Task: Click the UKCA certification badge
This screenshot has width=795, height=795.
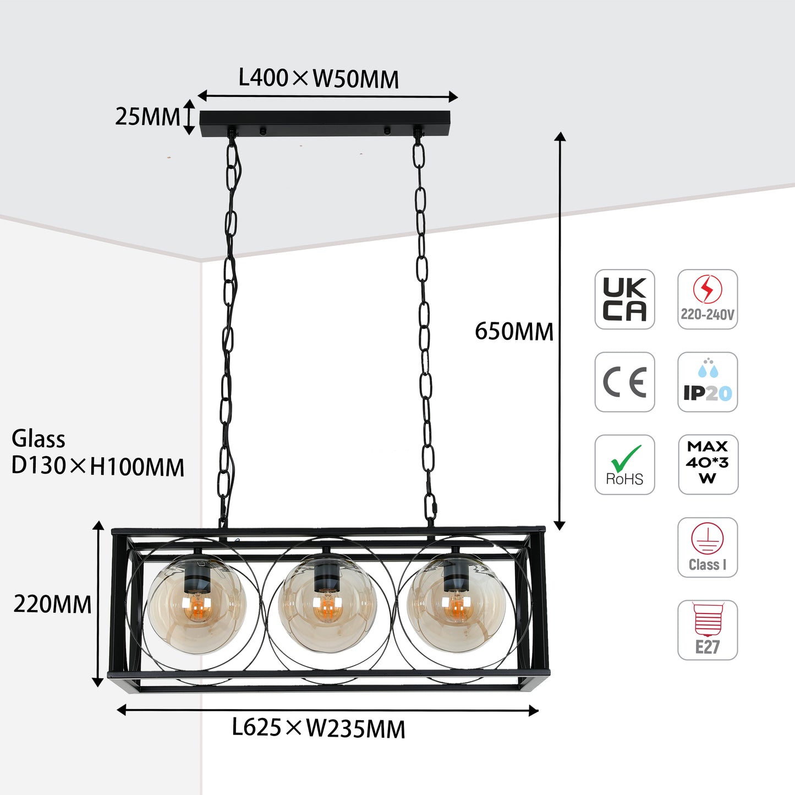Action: (x=624, y=299)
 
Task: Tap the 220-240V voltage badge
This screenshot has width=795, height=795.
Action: (x=707, y=299)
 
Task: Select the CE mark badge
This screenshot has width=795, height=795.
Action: (x=624, y=382)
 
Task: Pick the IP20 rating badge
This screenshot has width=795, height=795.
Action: (x=707, y=382)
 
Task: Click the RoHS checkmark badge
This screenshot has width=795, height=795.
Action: (x=624, y=464)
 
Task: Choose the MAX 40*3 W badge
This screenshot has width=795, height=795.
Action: (x=708, y=464)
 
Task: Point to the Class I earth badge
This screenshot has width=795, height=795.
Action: (x=707, y=547)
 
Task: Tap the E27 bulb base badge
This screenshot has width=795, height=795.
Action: (x=707, y=629)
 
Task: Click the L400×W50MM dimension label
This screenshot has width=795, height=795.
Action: (x=319, y=79)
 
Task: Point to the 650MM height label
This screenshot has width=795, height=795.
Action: (x=514, y=332)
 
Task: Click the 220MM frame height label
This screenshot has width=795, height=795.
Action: (x=52, y=604)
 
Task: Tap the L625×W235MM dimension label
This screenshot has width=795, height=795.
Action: (x=319, y=728)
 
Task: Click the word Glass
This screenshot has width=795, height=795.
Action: (x=39, y=439)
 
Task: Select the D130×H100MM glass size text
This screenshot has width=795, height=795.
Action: (x=98, y=467)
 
